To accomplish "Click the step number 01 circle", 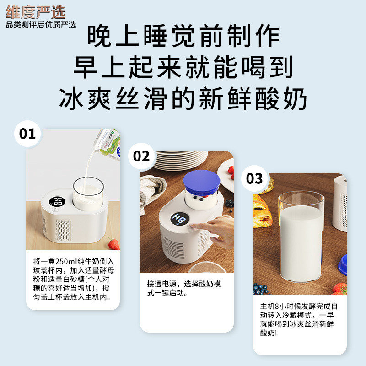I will point(27,134).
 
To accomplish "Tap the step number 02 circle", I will point(141,156).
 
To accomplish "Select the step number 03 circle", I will point(254,178).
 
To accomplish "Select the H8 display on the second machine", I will point(180,220).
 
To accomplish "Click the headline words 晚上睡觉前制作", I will point(183,36).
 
